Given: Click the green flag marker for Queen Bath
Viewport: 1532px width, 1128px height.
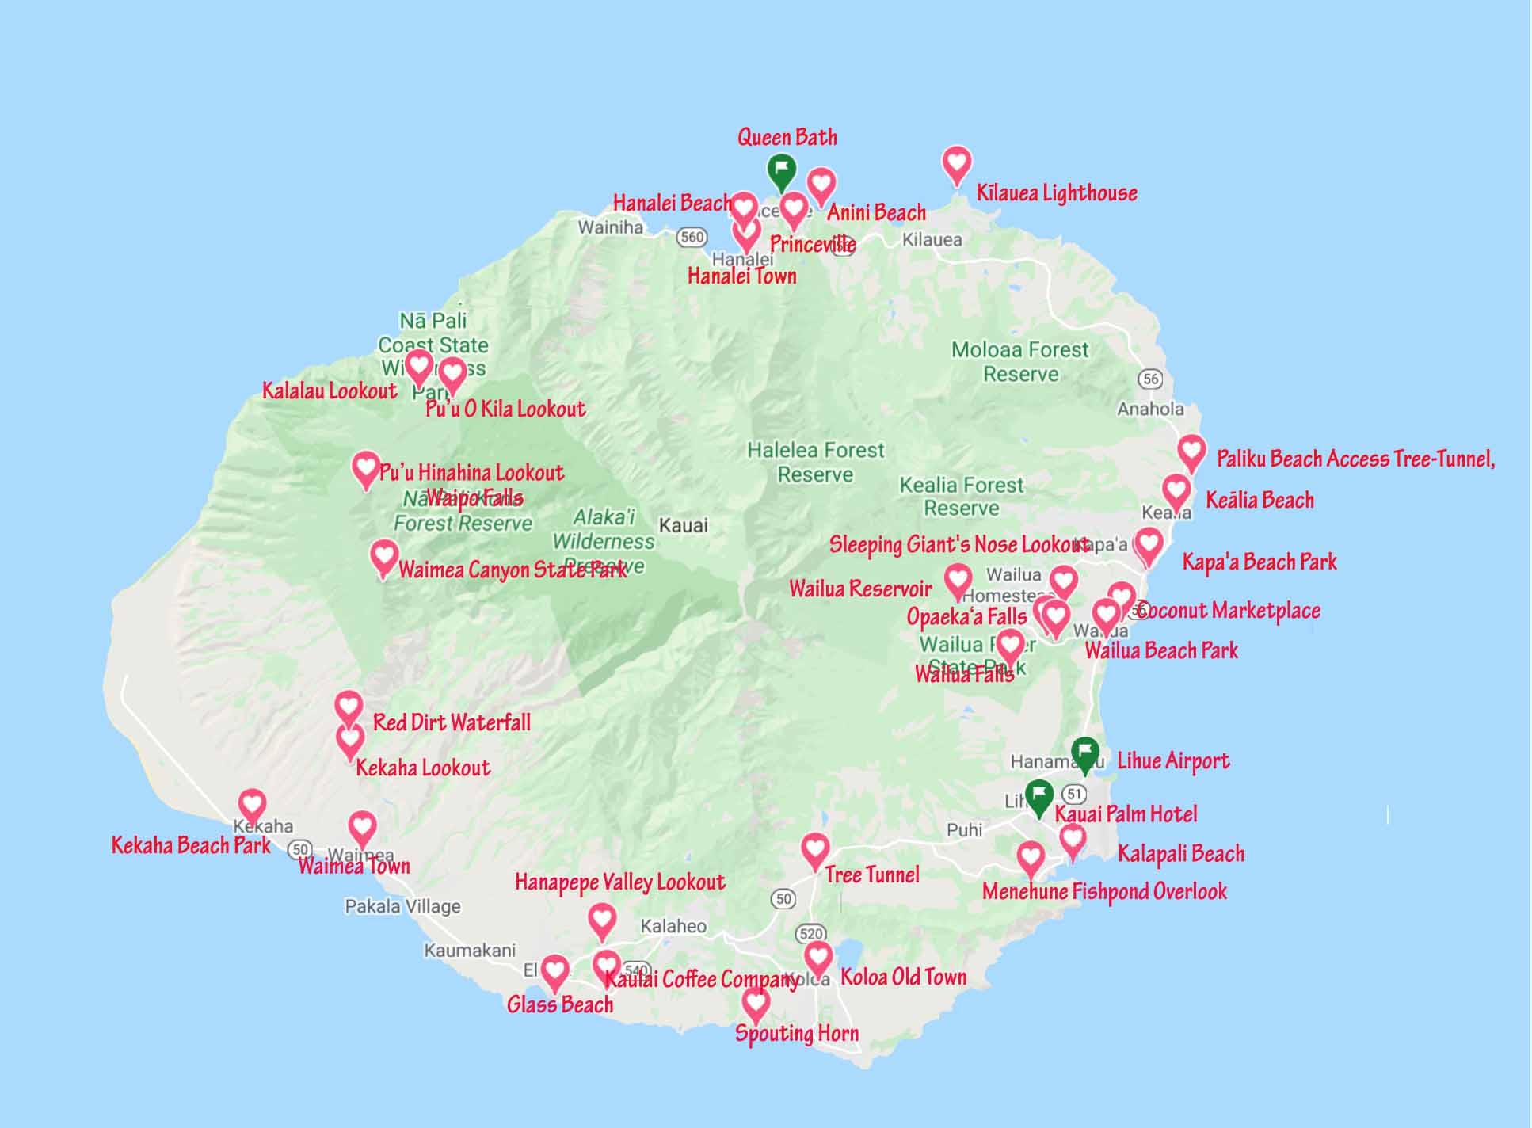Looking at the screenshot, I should click(781, 170).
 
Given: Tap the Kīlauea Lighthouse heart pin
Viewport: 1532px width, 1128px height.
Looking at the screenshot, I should click(957, 163).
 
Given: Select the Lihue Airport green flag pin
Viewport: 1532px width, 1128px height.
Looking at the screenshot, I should click(1084, 752).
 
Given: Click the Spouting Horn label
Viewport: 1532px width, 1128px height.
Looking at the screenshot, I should click(796, 1034).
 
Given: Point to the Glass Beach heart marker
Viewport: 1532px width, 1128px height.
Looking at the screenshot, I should click(554, 970).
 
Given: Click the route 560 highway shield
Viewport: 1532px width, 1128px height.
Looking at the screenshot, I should click(692, 236).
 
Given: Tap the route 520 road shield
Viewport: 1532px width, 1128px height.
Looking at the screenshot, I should click(811, 934).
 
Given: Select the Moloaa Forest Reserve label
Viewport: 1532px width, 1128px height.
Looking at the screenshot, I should click(1020, 361).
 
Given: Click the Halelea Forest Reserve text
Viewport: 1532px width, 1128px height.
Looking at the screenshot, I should click(815, 462).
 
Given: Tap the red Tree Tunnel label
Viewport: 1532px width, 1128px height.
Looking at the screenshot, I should click(871, 875).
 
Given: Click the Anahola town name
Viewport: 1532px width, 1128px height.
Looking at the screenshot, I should click(1150, 409).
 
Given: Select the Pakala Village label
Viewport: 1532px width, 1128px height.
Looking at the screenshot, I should click(402, 906).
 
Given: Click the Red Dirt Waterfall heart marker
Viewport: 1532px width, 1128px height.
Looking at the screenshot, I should click(349, 706).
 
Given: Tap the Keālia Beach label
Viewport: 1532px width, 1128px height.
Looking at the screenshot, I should click(1260, 500).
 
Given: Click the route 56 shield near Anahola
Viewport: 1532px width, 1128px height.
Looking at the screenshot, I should click(1150, 379).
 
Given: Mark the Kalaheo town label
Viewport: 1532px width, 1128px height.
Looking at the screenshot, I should click(673, 926).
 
